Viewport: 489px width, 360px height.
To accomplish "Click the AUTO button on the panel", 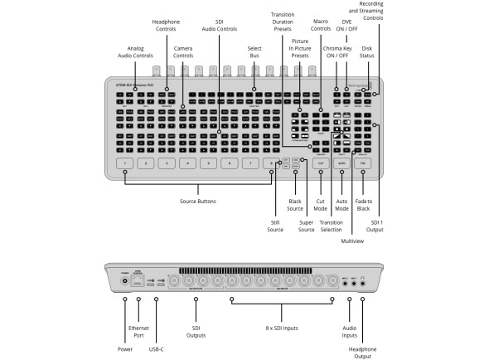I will coord(341,164).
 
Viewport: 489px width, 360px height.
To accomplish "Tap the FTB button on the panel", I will coord(364,164).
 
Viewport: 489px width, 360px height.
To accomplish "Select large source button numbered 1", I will coord(125,164).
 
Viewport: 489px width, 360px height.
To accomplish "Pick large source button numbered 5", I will coord(209,164).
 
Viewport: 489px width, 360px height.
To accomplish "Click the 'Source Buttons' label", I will coord(198,202).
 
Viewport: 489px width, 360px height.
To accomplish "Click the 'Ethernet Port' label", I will coord(138,333).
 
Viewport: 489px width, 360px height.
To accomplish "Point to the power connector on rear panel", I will coord(125,280).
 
